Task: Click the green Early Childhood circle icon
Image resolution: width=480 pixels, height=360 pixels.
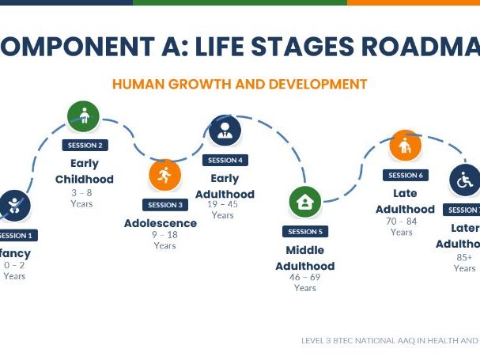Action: coord(83,117)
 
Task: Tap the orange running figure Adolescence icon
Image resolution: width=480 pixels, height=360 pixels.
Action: coord(164,175)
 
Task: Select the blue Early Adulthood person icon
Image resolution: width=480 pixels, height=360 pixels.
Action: coord(225,131)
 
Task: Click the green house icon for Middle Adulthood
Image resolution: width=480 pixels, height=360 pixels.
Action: coord(304,203)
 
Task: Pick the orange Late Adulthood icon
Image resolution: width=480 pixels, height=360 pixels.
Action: coord(405,146)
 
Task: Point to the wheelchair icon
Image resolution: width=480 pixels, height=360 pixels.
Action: coord(465,180)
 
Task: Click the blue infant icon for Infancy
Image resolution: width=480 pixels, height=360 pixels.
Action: coord(14,207)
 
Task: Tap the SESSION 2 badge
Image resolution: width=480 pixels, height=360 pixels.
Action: coord(85,145)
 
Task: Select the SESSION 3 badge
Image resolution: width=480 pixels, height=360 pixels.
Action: coord(165,205)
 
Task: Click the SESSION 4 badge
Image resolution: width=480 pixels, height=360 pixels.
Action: coord(225,160)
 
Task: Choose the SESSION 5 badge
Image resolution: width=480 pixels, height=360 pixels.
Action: coord(305,232)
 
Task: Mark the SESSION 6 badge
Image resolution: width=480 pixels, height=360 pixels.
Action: coord(405,175)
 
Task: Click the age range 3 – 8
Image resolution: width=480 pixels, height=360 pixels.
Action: coord(81,192)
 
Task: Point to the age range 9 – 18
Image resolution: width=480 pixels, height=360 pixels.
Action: coord(164,235)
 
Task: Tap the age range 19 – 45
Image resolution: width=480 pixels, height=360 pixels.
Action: coord(223,204)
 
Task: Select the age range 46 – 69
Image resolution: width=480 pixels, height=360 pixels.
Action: coord(305,278)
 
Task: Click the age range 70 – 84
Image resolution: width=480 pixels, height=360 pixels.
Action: coord(402,222)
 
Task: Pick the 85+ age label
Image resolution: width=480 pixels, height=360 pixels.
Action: coord(464,257)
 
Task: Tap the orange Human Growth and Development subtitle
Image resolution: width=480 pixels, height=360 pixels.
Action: coord(240,84)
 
